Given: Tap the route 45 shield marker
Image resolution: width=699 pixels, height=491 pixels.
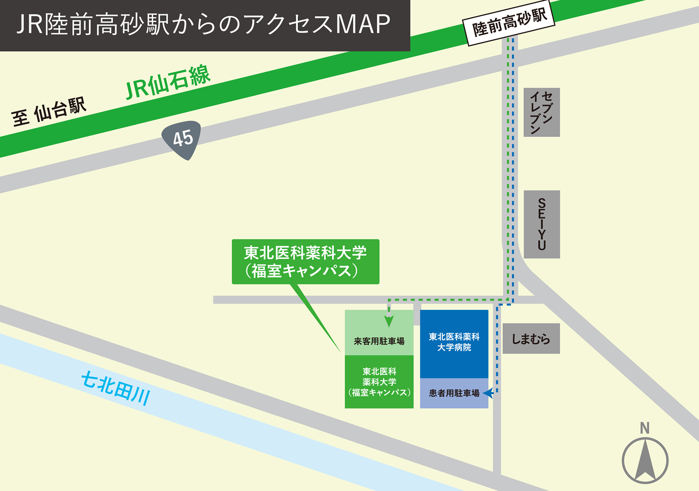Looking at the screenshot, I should click(x=182, y=139).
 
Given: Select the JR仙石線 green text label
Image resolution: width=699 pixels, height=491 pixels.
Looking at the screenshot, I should click(x=168, y=83).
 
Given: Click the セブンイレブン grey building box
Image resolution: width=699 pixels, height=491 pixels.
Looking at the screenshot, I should click(x=541, y=112).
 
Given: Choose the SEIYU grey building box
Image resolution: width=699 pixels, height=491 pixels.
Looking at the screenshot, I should click(x=541, y=224).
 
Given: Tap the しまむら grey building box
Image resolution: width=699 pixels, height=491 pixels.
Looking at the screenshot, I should click(x=531, y=339).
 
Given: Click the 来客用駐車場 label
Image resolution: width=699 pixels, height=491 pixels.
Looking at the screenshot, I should click(x=379, y=341).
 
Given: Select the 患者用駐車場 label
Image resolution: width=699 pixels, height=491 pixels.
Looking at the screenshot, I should click(x=454, y=393).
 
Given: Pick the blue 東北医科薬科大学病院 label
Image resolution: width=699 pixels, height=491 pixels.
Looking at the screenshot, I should click(x=454, y=342).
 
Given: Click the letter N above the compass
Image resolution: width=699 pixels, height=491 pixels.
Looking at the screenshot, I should click(x=644, y=428).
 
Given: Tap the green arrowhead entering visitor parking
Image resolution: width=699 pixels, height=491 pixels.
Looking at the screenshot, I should click(x=389, y=321).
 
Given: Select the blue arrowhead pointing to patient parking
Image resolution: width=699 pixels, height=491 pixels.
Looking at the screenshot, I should click(x=488, y=393).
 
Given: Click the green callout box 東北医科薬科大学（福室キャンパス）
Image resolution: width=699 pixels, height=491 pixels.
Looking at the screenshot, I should click(x=305, y=261).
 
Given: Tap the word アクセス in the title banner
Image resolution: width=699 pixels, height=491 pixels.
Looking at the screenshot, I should click(x=288, y=24).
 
